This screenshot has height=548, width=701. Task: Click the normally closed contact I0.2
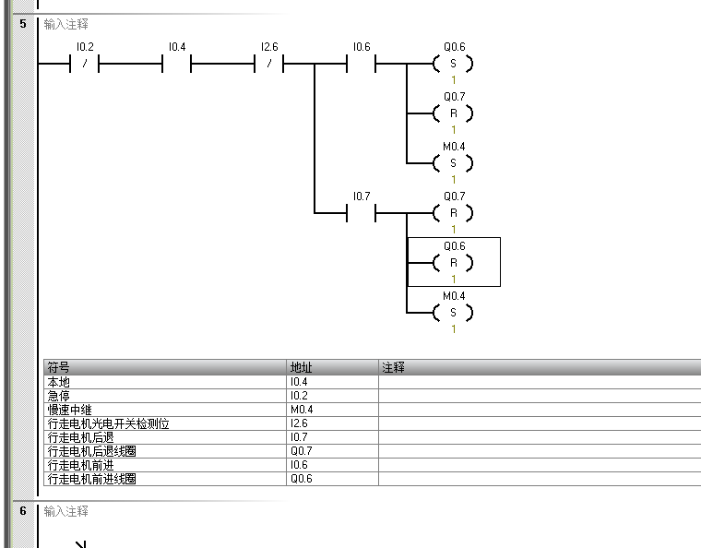click(84, 64)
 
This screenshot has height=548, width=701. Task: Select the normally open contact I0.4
click(176, 64)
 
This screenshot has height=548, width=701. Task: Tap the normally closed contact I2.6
click(268, 64)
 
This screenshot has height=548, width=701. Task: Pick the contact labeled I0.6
click(361, 64)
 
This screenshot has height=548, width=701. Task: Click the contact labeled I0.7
click(361, 213)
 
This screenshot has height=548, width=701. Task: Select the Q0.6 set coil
click(453, 64)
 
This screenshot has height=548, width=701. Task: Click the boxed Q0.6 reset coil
click(453, 263)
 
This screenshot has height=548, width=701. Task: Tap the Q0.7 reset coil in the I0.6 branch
click(453, 113)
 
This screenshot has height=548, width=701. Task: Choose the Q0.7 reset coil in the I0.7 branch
click(453, 213)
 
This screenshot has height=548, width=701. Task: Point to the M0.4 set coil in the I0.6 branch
click(453, 163)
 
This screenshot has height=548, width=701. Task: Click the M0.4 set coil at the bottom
click(453, 313)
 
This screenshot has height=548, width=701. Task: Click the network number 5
click(22, 24)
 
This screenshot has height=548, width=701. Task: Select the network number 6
click(22, 510)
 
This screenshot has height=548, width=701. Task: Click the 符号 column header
click(59, 367)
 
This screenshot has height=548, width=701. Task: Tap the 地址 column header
click(302, 367)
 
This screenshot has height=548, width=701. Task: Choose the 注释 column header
click(394, 367)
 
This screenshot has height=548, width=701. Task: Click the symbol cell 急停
click(58, 396)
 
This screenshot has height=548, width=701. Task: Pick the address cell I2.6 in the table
click(299, 423)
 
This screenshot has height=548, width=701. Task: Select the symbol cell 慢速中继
click(69, 410)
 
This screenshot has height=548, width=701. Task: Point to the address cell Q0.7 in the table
click(301, 451)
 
